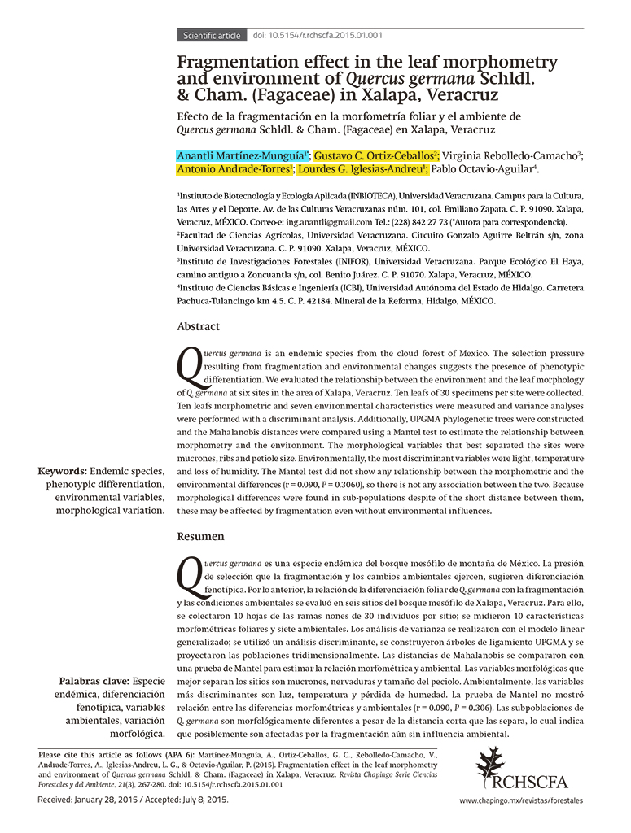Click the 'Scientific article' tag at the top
[x=212, y=36]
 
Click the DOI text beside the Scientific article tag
[x=318, y=36]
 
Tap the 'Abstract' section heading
[x=198, y=326]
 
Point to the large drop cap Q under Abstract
[x=189, y=367]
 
